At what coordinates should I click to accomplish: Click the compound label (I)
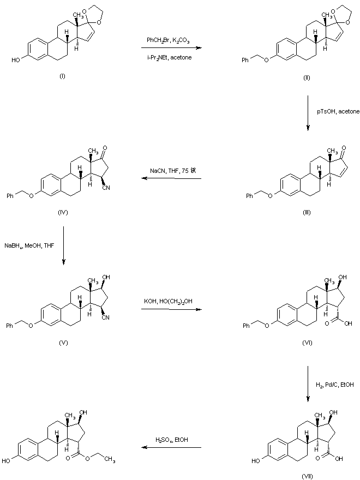[x=62, y=76]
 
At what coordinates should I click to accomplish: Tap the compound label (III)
[x=307, y=212]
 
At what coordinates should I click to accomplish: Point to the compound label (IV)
[x=62, y=212]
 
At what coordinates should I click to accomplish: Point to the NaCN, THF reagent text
[x=172, y=171]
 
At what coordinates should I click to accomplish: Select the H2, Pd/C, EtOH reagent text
[x=335, y=386]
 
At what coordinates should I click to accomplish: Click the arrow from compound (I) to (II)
[x=170, y=48]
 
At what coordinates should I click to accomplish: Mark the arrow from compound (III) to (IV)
[x=172, y=178]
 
